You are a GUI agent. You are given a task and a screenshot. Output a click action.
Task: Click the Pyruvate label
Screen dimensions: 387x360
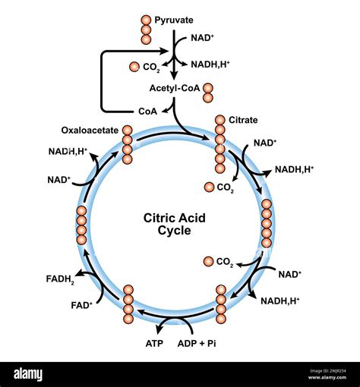click(x=174, y=19)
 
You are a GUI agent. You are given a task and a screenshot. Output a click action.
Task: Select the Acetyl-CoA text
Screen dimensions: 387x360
click(x=175, y=90)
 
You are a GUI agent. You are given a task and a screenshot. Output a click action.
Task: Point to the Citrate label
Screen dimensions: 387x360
click(x=243, y=120)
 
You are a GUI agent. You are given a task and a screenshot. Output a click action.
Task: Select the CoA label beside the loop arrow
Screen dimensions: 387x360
click(x=148, y=110)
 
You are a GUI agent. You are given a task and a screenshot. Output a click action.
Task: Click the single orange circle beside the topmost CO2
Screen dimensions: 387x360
click(x=134, y=67)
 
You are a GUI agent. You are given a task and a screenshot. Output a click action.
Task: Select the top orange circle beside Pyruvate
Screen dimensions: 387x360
click(x=146, y=19)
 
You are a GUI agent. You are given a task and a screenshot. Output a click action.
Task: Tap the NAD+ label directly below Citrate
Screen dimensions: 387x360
click(x=264, y=142)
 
